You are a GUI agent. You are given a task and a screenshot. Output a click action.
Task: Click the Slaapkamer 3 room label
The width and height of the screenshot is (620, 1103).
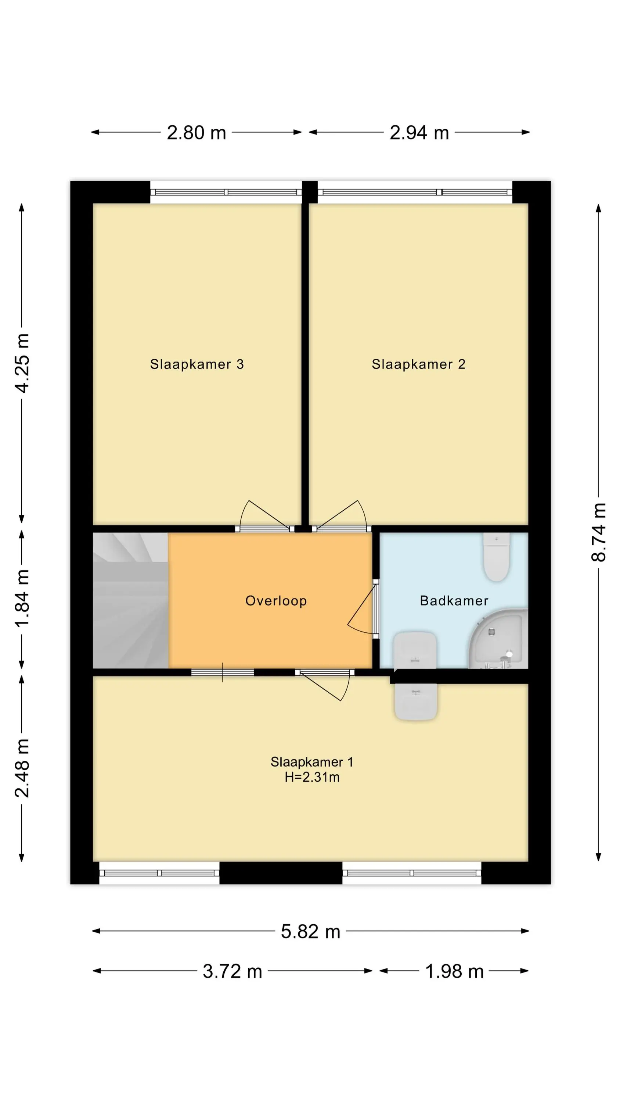pyautogui.click(x=197, y=364)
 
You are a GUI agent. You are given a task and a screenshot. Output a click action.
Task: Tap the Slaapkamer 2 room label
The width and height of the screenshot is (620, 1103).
pyautogui.click(x=418, y=364)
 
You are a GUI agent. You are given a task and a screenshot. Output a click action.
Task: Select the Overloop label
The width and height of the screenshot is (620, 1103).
pyautogui.click(x=276, y=601)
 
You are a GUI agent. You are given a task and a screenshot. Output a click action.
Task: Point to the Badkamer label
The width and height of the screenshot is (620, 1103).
pyautogui.click(x=454, y=601)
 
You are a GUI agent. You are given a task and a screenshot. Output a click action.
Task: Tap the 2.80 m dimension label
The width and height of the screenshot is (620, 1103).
pyautogui.click(x=197, y=133)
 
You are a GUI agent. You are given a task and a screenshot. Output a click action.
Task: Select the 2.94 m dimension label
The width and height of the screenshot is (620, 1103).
pyautogui.click(x=419, y=133)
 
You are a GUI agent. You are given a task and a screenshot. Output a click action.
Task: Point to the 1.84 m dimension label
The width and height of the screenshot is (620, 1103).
pyautogui.click(x=22, y=598)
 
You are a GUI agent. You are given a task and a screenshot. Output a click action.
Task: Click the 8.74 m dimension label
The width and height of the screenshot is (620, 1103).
pyautogui.click(x=599, y=532)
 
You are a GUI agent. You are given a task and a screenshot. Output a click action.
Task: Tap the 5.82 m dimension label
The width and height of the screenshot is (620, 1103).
pyautogui.click(x=310, y=932)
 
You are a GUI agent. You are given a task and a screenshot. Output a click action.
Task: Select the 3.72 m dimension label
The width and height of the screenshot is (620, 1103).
pyautogui.click(x=232, y=971)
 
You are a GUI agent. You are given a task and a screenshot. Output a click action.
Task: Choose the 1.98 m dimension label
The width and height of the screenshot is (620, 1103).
pyautogui.click(x=454, y=971)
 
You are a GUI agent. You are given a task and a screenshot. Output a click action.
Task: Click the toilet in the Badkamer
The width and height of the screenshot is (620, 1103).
pyautogui.click(x=496, y=557)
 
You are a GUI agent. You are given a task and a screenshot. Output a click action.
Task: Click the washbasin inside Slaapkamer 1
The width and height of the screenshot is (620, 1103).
pyautogui.click(x=416, y=702)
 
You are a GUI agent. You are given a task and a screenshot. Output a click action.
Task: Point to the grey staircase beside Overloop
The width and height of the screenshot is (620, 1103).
pyautogui.click(x=130, y=600)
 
